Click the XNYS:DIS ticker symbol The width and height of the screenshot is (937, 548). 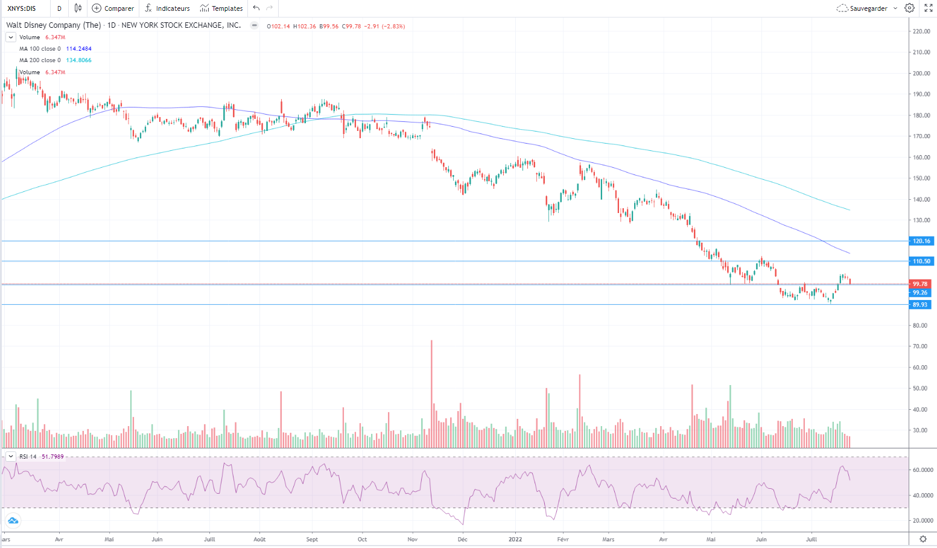click(22, 8)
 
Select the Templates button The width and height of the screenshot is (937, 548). click(221, 8)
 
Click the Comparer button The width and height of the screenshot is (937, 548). click(113, 8)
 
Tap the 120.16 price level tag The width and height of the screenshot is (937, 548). click(921, 241)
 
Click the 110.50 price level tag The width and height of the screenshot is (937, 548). click(921, 261)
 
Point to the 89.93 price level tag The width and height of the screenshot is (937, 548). click(920, 305)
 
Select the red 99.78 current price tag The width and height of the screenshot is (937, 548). click(920, 284)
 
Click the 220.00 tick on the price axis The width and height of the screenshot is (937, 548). click(921, 31)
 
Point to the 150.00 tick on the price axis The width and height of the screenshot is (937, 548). click(921, 179)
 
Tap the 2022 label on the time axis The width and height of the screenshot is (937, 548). click(515, 539)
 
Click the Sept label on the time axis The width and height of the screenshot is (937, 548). click(312, 539)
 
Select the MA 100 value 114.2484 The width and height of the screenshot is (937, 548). click(79, 49)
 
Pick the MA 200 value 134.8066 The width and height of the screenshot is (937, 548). click(79, 60)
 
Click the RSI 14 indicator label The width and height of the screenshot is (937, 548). click(28, 457)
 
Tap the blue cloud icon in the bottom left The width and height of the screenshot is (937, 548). click(13, 521)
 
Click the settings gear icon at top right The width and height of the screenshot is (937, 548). click(909, 8)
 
